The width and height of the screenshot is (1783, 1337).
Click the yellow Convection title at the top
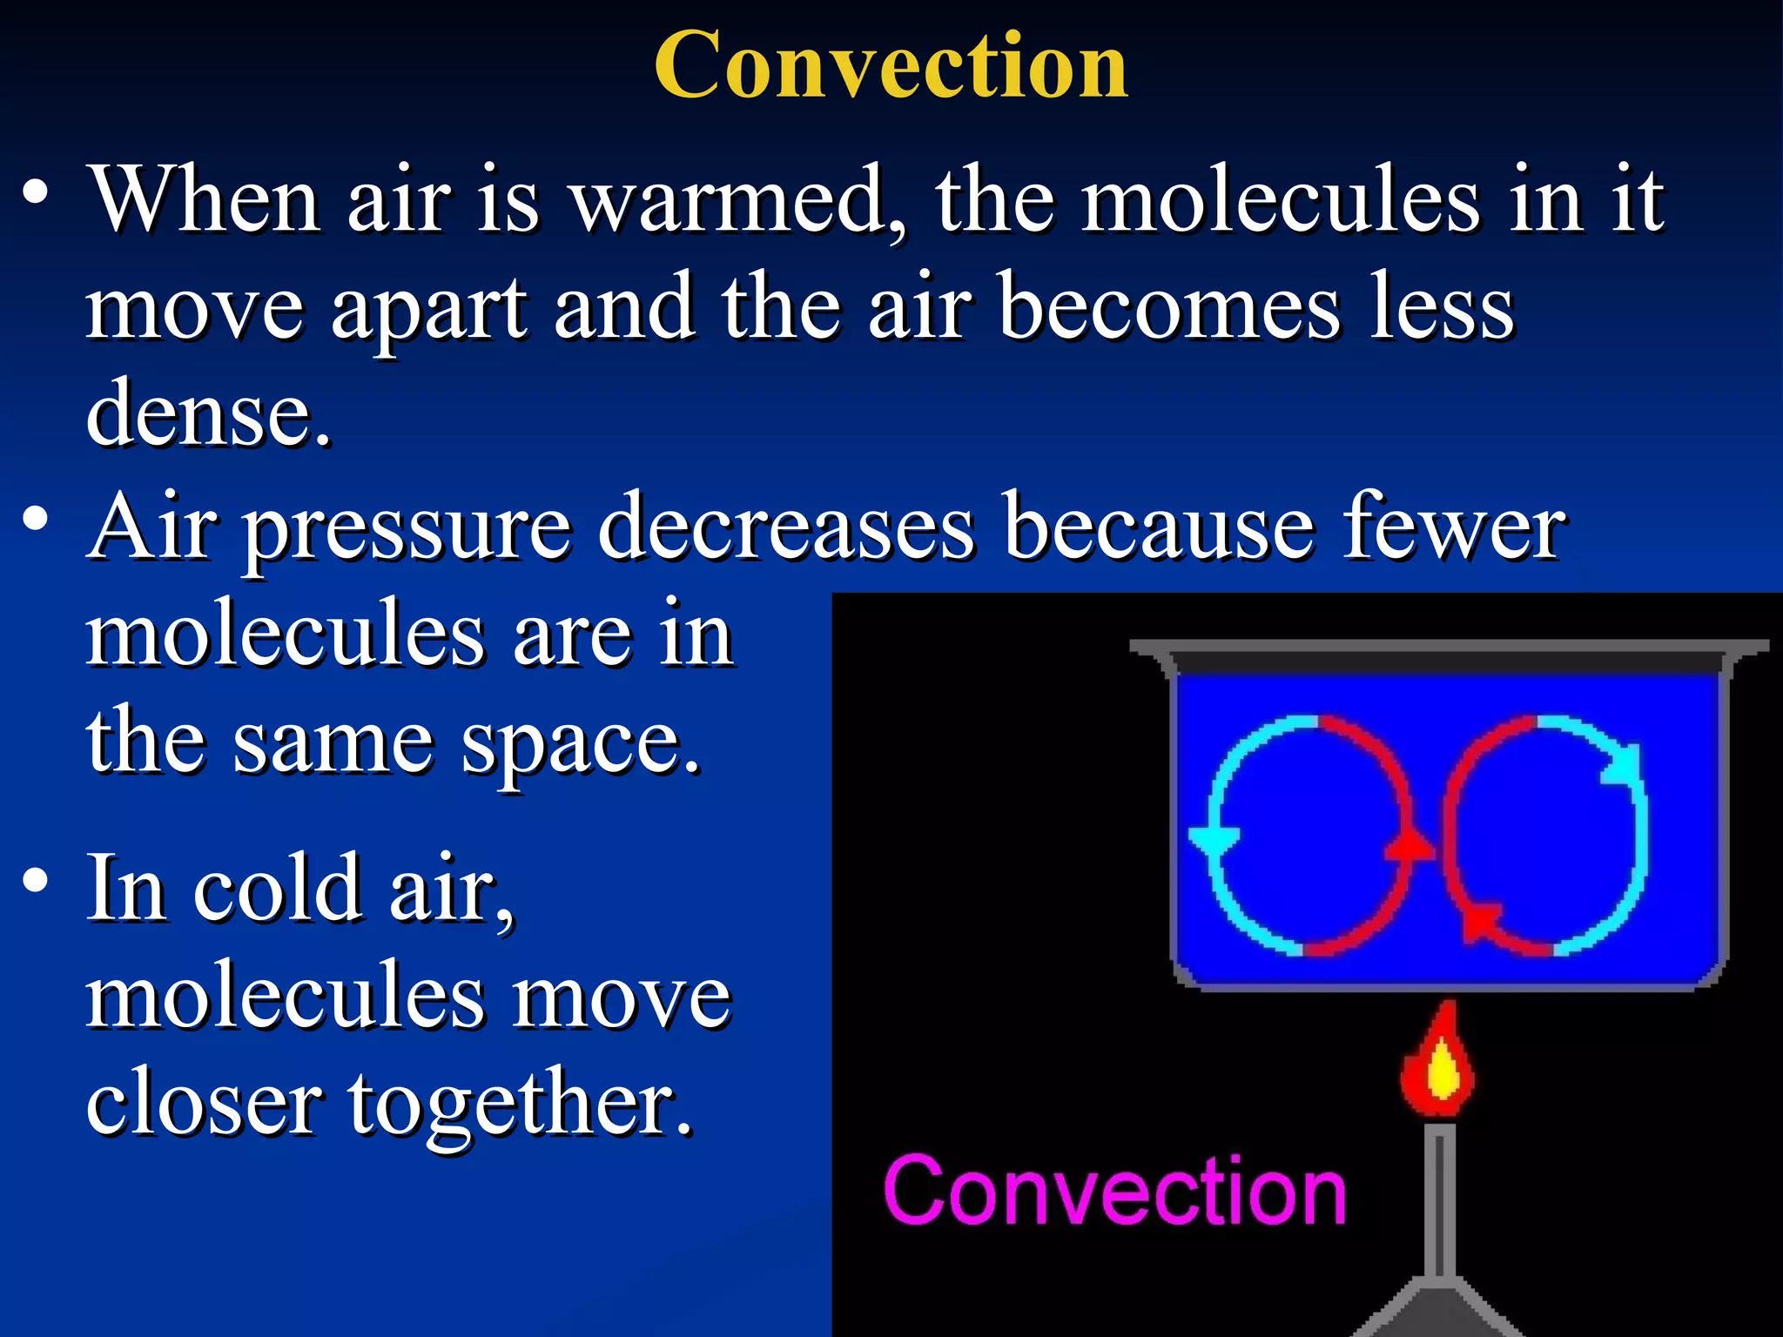891,65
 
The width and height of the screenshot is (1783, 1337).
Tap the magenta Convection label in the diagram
1114,1191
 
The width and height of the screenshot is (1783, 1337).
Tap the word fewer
1453,527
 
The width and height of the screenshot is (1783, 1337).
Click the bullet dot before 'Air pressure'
36,521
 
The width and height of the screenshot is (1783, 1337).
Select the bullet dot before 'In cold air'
36,882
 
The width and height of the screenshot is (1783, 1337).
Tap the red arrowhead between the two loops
1410,845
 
